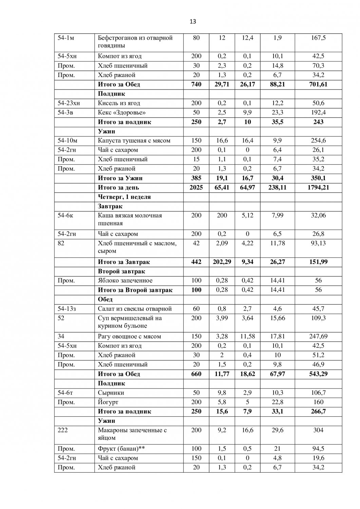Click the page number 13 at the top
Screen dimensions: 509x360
tap(193, 22)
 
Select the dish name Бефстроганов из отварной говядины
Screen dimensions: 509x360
tap(135, 41)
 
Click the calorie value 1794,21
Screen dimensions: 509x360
tap(318, 187)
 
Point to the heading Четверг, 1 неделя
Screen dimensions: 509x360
tap(124, 197)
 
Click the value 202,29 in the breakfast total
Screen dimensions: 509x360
tap(222, 262)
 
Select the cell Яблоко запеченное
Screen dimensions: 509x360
tap(125, 281)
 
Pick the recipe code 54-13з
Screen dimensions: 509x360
tap(67, 309)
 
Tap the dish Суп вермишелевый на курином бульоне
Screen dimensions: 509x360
tap(130, 322)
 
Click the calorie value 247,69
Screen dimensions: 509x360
tap(318, 337)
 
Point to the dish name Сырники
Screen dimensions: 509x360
tap(111, 393)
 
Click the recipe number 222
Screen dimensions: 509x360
tap(62, 430)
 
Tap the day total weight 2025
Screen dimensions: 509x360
tap(196, 187)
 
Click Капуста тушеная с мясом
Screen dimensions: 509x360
tap(134, 141)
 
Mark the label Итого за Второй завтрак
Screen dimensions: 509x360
tap(135, 290)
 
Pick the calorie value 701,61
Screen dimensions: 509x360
tap(318, 84)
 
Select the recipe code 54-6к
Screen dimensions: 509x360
tap(65, 215)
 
